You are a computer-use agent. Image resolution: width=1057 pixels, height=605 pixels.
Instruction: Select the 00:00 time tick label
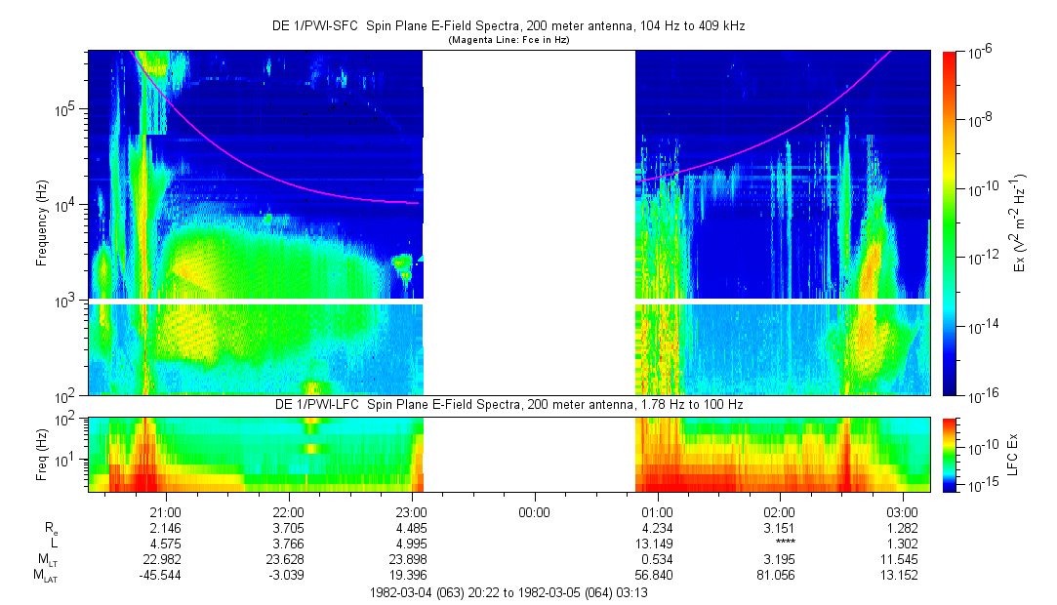[x=534, y=511]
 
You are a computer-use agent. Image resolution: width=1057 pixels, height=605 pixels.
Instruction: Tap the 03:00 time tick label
[x=902, y=511]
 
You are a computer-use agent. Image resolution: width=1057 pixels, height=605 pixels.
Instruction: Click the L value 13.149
[x=657, y=544]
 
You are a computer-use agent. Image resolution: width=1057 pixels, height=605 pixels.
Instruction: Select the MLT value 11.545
[x=902, y=559]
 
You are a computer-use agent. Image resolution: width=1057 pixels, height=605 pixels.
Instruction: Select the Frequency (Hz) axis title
[x=42, y=222]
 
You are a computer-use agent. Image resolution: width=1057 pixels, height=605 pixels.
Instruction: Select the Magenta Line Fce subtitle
[x=508, y=41]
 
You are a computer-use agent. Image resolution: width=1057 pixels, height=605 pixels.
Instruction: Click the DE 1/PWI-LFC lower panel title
[x=508, y=405]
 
